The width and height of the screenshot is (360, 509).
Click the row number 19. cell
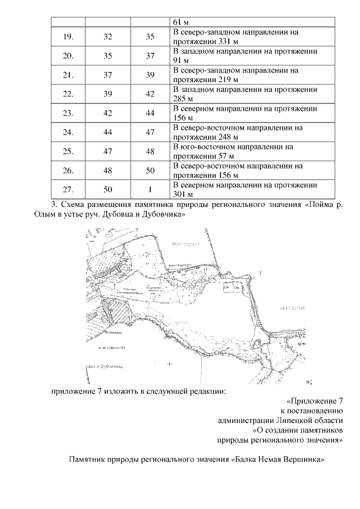click(x=68, y=37)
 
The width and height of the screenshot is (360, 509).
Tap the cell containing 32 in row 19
click(x=108, y=37)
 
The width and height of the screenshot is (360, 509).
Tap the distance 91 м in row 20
click(x=181, y=61)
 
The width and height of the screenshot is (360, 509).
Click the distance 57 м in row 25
click(x=224, y=156)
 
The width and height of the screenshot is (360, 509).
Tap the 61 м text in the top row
click(x=181, y=22)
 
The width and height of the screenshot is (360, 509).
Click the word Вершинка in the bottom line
click(x=304, y=459)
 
